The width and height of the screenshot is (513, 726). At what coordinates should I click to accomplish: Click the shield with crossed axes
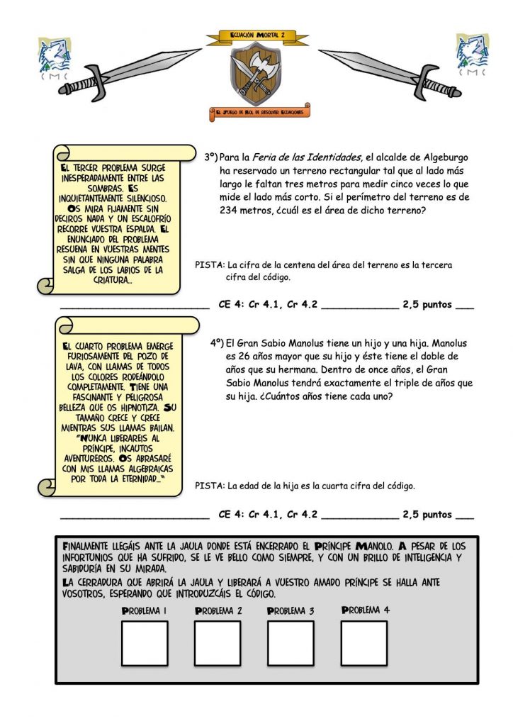256,73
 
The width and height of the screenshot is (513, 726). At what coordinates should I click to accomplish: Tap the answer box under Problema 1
145,643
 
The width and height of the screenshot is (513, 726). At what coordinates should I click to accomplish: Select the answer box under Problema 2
218,643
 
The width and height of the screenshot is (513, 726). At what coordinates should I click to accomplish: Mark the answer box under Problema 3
291,643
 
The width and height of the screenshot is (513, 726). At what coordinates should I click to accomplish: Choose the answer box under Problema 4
364,643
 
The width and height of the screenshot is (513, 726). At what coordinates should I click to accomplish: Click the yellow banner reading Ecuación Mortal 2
256,35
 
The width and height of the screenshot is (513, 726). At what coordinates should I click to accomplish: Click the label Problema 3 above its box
291,610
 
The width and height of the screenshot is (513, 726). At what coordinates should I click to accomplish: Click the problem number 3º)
210,157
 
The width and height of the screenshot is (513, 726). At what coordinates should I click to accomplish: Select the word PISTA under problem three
209,266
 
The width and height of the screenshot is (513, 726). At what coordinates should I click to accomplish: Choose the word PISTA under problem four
209,486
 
